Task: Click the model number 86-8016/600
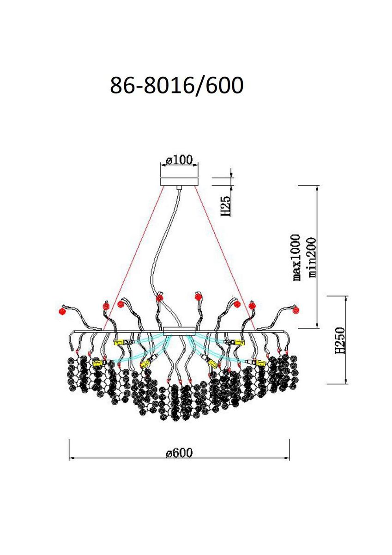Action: (176, 85)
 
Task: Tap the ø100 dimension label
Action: (179, 160)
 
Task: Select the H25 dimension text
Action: (225, 206)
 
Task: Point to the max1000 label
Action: (296, 258)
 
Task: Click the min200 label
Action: (312, 258)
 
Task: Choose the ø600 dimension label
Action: (179, 453)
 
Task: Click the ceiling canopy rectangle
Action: (179, 181)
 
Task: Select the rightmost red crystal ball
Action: (296, 310)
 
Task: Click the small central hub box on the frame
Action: (180, 331)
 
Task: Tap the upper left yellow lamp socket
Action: (119, 342)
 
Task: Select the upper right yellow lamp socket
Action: (240, 342)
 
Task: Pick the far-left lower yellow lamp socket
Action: (97, 364)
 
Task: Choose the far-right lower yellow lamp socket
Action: (261, 363)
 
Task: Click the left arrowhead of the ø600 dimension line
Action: (72, 457)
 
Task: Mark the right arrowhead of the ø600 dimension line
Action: (287, 457)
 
